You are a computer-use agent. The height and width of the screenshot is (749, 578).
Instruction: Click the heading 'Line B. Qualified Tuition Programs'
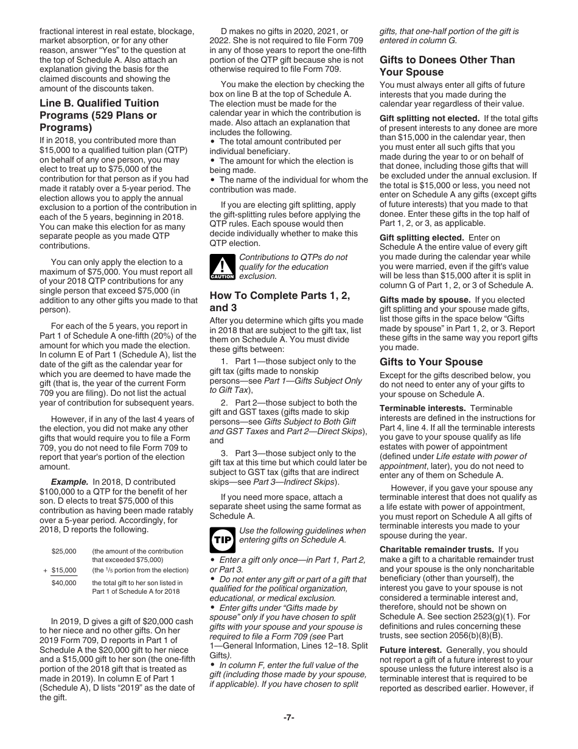[99, 115]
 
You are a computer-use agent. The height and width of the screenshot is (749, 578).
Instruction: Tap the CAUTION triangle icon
[222, 267]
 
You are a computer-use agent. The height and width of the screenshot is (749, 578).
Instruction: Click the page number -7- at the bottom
[288, 717]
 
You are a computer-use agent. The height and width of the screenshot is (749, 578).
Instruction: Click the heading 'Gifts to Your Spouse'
[431, 362]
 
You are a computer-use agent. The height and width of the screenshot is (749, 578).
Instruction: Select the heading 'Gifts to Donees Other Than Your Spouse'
[447, 66]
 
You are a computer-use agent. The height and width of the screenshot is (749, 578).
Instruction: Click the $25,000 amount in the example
[64, 551]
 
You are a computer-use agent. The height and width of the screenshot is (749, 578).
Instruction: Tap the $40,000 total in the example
[64, 583]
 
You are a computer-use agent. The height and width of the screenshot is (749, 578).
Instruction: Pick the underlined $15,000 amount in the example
[64, 571]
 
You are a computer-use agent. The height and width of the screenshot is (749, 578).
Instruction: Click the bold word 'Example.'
[69, 481]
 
